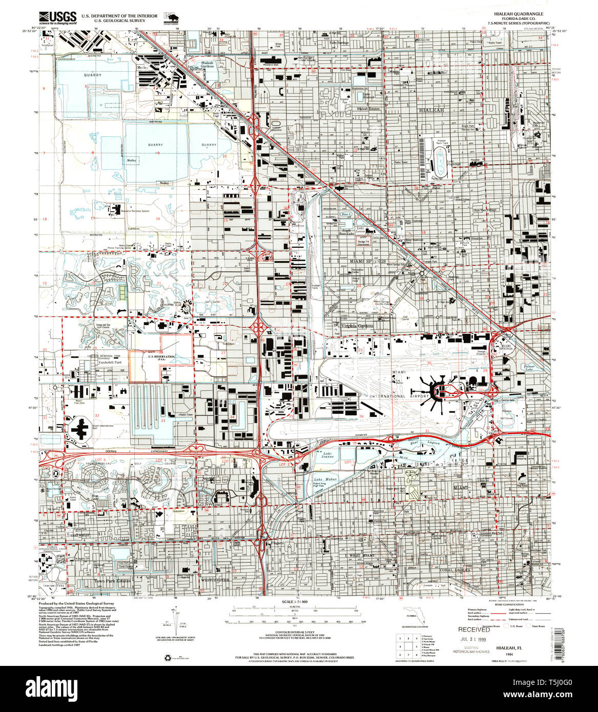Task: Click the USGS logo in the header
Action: click(x=58, y=17)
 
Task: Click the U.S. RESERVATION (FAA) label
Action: click(x=160, y=357)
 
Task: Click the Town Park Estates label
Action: click(x=112, y=581)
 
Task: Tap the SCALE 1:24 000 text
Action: click(x=298, y=601)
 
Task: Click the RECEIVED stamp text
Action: click(x=474, y=630)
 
